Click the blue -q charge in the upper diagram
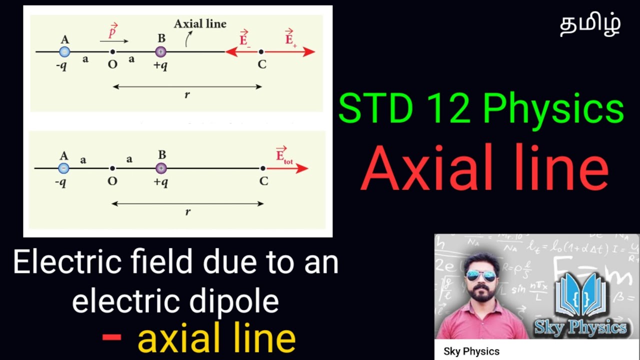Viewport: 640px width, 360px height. (64, 51)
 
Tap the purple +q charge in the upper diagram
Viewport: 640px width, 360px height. (160, 51)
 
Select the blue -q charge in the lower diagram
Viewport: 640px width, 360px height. (64, 168)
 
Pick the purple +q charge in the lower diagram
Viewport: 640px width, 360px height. (161, 168)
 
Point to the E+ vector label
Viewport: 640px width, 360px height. (290, 38)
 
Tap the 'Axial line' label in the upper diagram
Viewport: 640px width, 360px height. (200, 24)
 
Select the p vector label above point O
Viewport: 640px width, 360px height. (113, 31)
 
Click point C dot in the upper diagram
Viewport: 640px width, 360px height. (261, 51)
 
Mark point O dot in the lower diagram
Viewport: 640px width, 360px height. (112, 168)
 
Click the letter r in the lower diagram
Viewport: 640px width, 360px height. (188, 212)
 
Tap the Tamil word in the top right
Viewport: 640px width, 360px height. (590, 25)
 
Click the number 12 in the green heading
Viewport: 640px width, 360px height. (440, 109)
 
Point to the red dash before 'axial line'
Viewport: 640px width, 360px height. (111, 336)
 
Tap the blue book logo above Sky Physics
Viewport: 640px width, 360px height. (580, 295)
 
